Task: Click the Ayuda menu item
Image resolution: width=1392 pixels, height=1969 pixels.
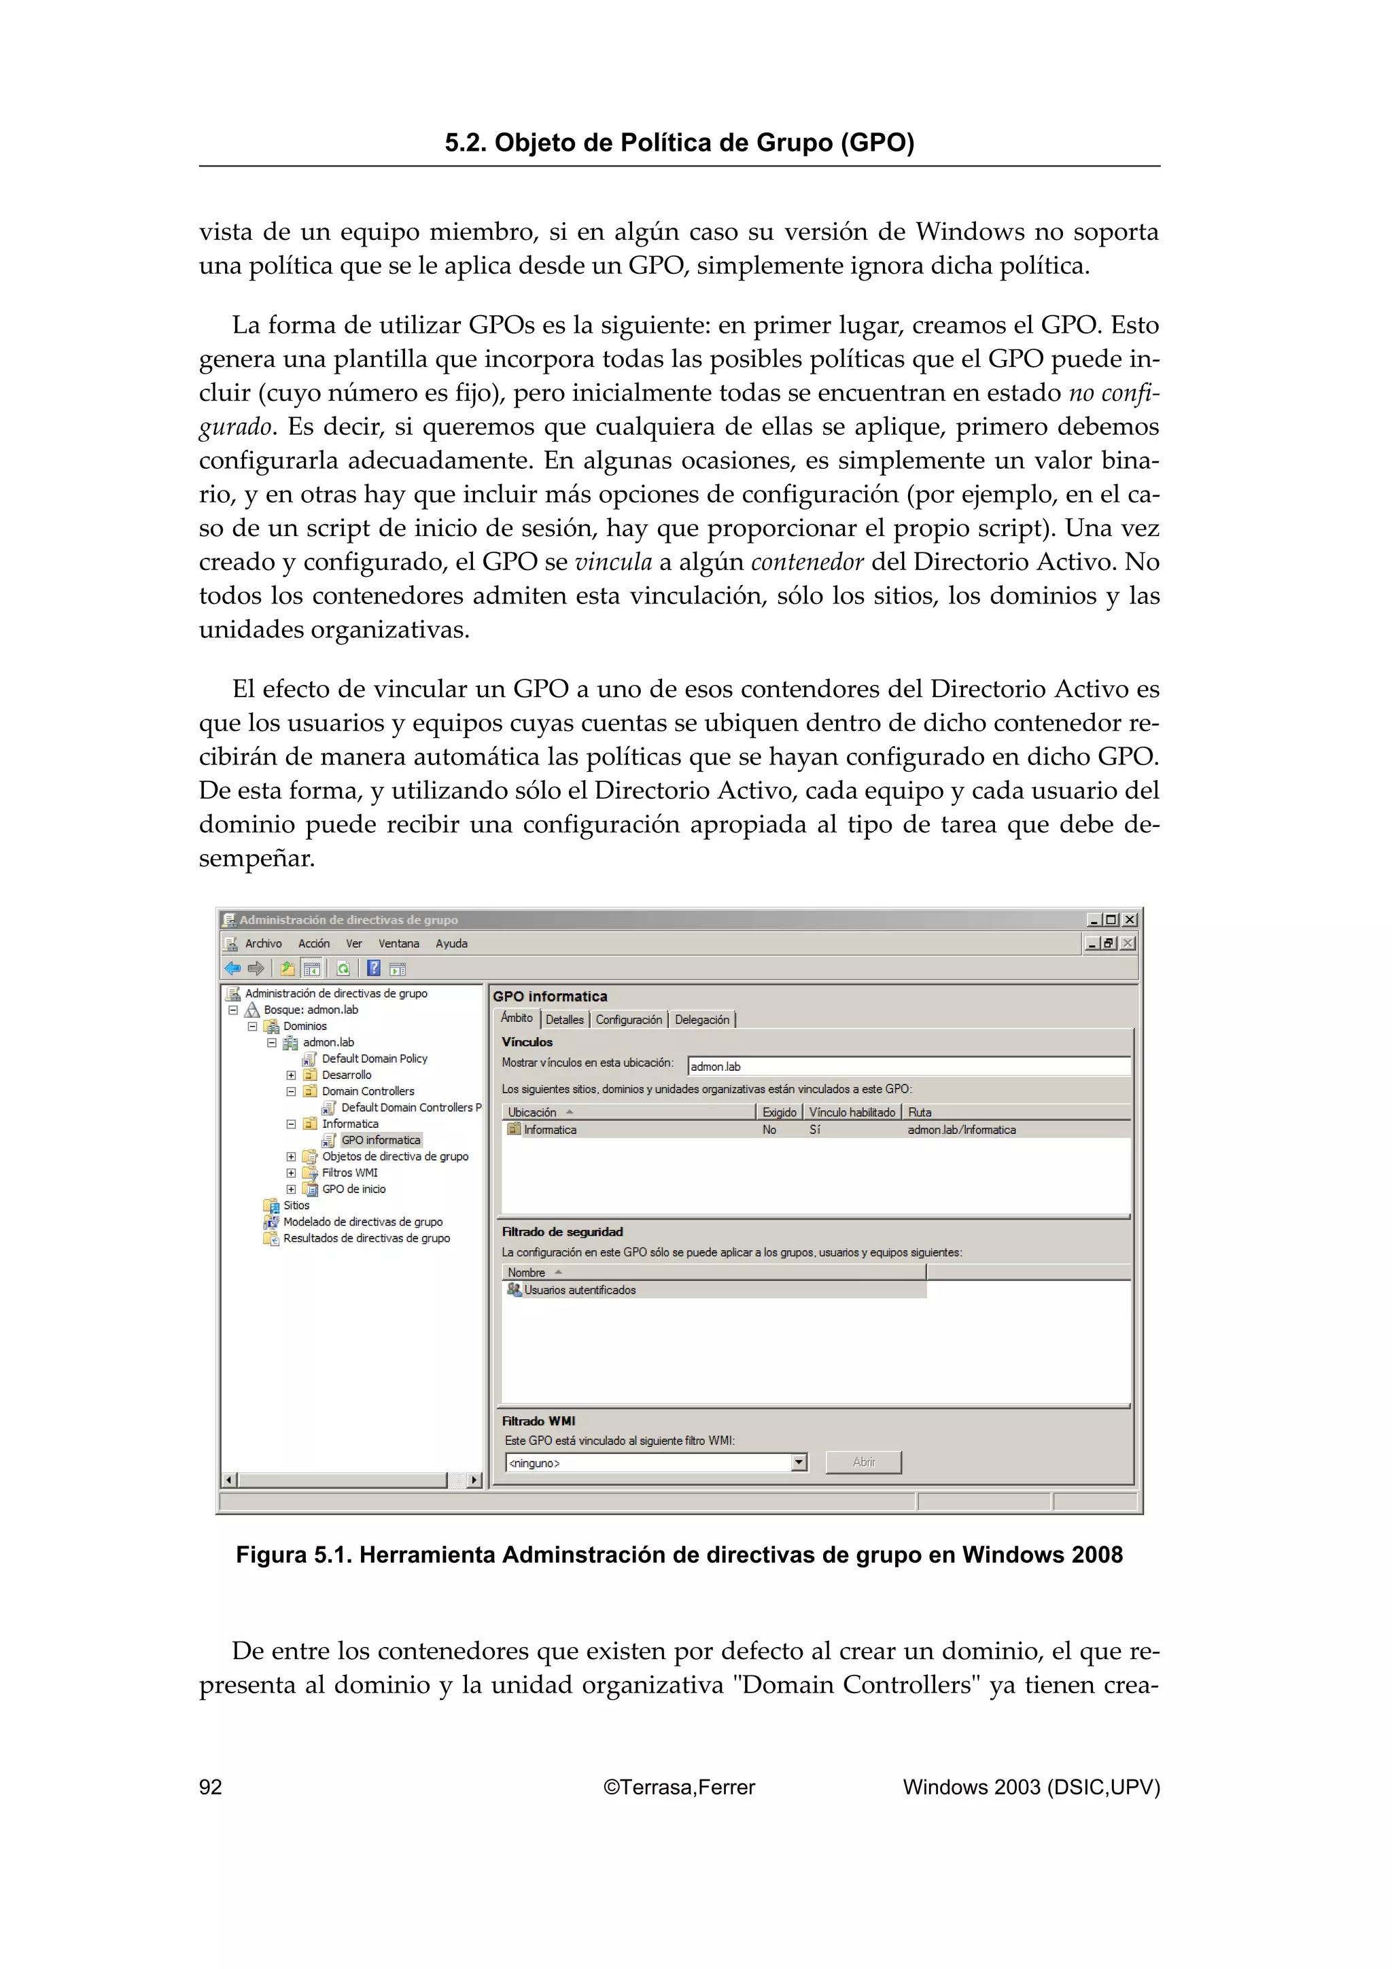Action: click(451, 943)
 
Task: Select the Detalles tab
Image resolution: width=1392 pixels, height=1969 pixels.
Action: click(564, 1020)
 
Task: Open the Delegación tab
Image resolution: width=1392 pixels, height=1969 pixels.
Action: click(701, 1020)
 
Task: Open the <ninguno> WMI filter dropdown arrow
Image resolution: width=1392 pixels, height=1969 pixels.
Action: click(799, 1462)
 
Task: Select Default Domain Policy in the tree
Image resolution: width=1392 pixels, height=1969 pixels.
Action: click(374, 1059)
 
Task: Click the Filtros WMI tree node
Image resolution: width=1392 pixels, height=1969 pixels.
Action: click(349, 1172)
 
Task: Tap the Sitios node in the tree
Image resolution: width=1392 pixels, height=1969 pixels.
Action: click(296, 1205)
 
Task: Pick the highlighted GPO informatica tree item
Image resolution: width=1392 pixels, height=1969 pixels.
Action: click(380, 1139)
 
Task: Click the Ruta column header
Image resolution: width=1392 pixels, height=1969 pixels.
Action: click(920, 1112)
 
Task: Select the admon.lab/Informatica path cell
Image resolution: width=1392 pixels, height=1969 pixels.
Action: click(962, 1131)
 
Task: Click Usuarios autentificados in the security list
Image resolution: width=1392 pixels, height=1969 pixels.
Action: click(580, 1290)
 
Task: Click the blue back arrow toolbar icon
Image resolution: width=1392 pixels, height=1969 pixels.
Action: click(232, 968)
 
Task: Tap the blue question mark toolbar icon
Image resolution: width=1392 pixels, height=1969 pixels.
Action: click(374, 968)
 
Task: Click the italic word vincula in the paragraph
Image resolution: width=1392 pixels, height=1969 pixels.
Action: click(613, 563)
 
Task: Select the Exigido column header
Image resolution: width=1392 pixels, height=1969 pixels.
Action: click(779, 1112)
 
